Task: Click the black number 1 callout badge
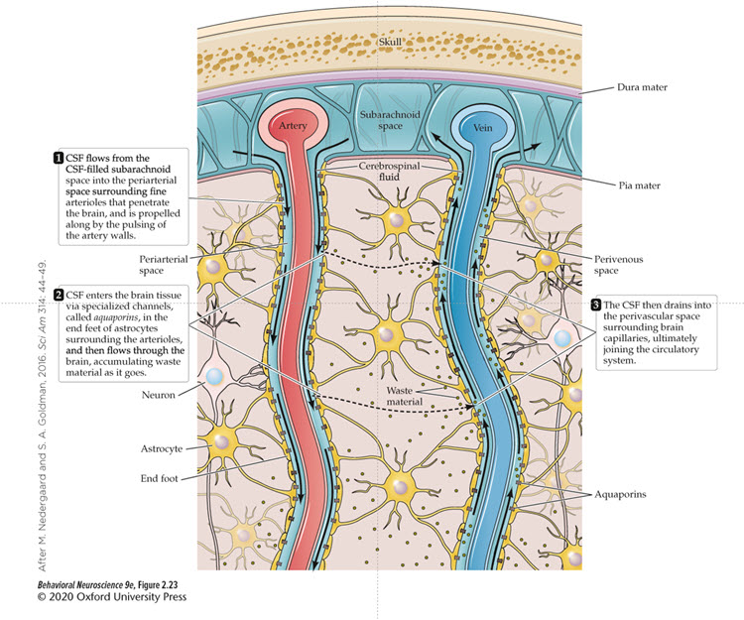[57, 157]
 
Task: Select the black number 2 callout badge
[57, 295]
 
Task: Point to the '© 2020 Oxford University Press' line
[93, 597]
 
